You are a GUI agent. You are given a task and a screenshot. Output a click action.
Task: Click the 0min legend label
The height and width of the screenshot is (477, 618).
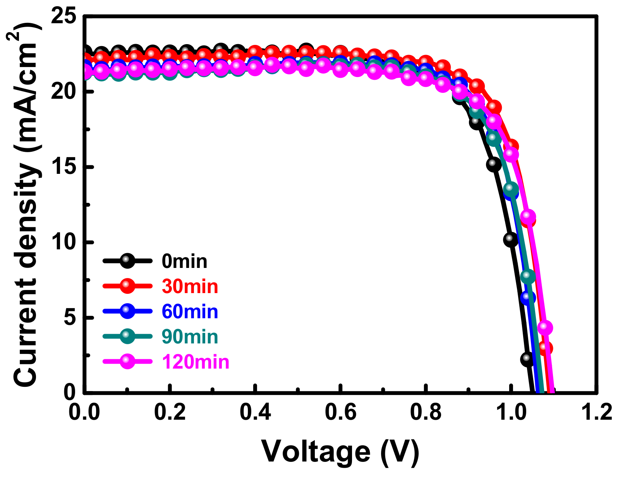point(184,262)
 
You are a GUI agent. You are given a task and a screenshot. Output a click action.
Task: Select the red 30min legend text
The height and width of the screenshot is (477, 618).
point(190,287)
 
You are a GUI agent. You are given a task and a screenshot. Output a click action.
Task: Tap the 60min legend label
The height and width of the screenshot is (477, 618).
point(190,312)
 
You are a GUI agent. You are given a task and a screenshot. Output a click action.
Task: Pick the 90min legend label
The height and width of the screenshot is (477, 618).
point(190,337)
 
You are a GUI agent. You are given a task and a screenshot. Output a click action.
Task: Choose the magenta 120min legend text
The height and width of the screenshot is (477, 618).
point(196,362)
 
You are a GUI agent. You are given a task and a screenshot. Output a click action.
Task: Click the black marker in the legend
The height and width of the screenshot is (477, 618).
point(127,261)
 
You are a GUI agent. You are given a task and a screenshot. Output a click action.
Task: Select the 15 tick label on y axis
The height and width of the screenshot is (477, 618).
point(64,167)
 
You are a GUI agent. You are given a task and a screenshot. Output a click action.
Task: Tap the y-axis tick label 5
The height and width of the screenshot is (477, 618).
point(70,317)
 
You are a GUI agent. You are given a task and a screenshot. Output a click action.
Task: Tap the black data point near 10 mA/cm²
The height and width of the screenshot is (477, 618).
point(511,240)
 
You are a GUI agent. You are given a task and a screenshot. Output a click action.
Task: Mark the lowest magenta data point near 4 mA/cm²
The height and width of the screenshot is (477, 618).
point(545,327)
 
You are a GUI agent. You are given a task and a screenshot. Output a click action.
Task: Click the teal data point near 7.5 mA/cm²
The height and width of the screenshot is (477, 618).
point(528,276)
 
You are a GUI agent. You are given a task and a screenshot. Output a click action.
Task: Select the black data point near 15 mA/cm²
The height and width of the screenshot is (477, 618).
point(494,165)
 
